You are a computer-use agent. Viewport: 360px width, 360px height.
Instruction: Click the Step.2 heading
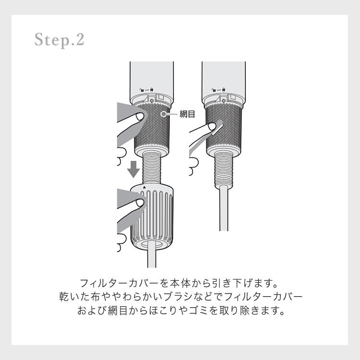click(60, 40)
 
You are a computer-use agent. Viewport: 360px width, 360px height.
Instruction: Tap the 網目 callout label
click(187, 114)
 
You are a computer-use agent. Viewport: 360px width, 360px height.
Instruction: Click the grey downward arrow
click(133, 169)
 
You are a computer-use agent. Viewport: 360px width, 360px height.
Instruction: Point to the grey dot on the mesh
click(164, 114)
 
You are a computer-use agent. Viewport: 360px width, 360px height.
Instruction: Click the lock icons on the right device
click(218, 90)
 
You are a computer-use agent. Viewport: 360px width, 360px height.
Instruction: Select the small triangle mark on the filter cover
click(144, 187)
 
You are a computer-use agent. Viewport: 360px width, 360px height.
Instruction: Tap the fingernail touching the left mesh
click(140, 117)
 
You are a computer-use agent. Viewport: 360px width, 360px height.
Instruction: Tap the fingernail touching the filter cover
click(140, 203)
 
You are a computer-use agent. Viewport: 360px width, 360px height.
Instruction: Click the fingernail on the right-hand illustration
click(212, 126)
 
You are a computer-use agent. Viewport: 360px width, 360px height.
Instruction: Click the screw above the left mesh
click(151, 101)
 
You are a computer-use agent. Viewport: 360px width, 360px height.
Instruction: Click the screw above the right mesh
click(223, 101)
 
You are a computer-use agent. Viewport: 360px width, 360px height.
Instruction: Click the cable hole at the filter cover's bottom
click(152, 244)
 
